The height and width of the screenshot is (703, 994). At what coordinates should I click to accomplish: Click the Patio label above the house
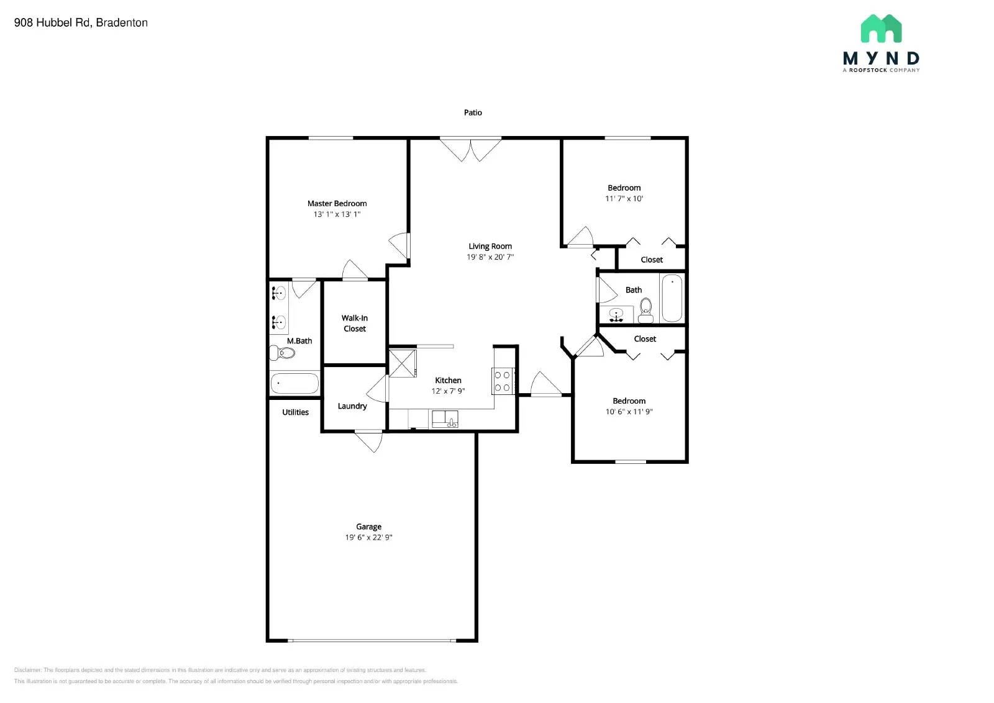473,112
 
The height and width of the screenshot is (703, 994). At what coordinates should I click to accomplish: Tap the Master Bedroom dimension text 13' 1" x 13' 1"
337,214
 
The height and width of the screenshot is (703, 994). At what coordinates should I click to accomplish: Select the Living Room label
490,246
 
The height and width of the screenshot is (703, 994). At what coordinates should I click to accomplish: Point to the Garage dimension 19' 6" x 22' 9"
368,537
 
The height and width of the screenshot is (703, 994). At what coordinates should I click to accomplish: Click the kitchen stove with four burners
502,381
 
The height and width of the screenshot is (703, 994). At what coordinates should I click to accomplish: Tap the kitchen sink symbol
445,419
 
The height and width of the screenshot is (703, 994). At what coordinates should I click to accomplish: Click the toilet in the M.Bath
283,353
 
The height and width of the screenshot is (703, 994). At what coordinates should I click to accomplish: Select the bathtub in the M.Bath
294,383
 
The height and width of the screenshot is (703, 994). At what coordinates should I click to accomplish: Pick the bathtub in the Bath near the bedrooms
672,298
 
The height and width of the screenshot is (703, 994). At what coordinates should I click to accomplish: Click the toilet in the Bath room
646,309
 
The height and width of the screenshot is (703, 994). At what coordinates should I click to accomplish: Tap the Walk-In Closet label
355,323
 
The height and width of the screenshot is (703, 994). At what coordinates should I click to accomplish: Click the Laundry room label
352,406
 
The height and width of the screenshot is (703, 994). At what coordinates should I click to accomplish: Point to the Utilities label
295,412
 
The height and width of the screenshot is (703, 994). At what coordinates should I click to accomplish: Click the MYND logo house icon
881,29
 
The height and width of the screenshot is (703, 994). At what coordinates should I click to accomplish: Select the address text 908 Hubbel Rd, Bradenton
81,23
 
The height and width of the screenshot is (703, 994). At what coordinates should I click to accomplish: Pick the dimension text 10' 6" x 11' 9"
629,412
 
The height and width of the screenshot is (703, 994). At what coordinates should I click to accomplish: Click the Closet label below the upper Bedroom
652,260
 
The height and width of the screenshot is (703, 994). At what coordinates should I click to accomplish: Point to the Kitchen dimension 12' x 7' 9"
448,391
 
